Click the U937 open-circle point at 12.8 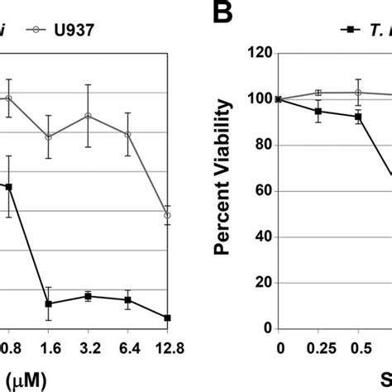click(167, 215)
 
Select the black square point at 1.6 click(49, 304)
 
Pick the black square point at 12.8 click(167, 318)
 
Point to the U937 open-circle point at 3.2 click(88, 115)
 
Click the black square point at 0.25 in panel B click(318, 111)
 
